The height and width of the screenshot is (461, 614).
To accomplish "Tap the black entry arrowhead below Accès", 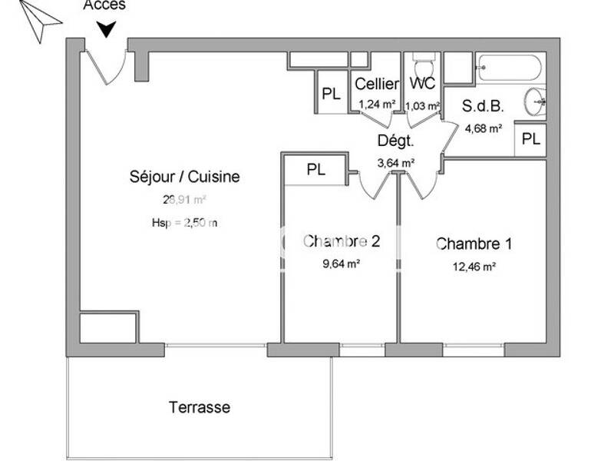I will pyautogui.click(x=107, y=29).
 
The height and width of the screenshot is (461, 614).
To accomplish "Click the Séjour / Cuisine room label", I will pyautogui.click(x=184, y=177).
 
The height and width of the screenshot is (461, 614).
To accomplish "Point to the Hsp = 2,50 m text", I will pyautogui.click(x=184, y=224).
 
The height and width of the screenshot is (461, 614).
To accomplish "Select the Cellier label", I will pyautogui.click(x=377, y=85).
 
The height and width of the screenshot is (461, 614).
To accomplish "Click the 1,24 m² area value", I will pyautogui.click(x=377, y=104).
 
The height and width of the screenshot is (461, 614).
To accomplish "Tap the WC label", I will pyautogui.click(x=422, y=84).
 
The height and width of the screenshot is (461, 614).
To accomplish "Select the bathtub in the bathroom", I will pyautogui.click(x=510, y=68).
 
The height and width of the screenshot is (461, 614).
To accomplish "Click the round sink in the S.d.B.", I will pyautogui.click(x=536, y=99).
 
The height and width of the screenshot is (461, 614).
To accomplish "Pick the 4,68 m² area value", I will pyautogui.click(x=484, y=128).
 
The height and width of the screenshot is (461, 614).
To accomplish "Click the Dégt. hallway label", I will pyautogui.click(x=396, y=141).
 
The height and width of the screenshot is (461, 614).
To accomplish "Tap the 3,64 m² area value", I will pyautogui.click(x=396, y=162).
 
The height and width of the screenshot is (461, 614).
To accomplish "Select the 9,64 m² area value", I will pyautogui.click(x=342, y=264).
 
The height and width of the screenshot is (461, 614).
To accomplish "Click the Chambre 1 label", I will pyautogui.click(x=474, y=244).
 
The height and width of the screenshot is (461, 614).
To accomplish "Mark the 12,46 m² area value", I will pyautogui.click(x=474, y=267).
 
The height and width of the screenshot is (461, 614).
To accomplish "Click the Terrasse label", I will pyautogui.click(x=200, y=407).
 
